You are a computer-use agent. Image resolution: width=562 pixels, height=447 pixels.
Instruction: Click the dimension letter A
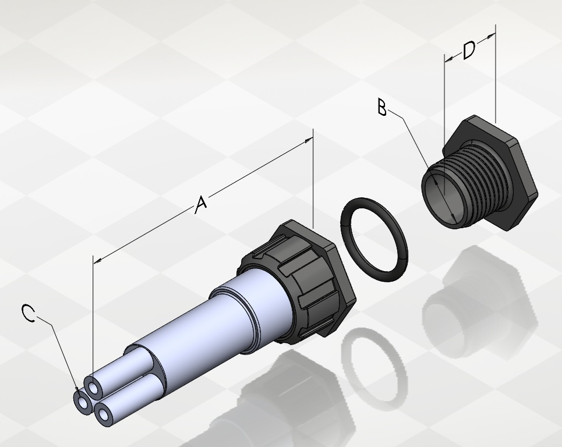pos(202,204)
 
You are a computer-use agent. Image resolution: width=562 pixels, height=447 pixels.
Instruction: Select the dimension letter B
pos(383,108)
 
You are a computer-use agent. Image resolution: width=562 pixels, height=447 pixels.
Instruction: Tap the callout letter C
pos(29,313)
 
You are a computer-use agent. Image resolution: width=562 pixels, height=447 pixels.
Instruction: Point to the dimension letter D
pos(469,50)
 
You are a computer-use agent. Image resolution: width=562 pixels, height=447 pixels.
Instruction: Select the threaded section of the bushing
pos(473,179)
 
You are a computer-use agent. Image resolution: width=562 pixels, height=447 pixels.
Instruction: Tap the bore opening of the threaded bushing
pos(441,197)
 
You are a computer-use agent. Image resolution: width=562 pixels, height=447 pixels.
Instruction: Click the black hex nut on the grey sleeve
pos(298,279)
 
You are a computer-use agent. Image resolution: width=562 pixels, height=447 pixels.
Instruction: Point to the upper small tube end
pos(94,388)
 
